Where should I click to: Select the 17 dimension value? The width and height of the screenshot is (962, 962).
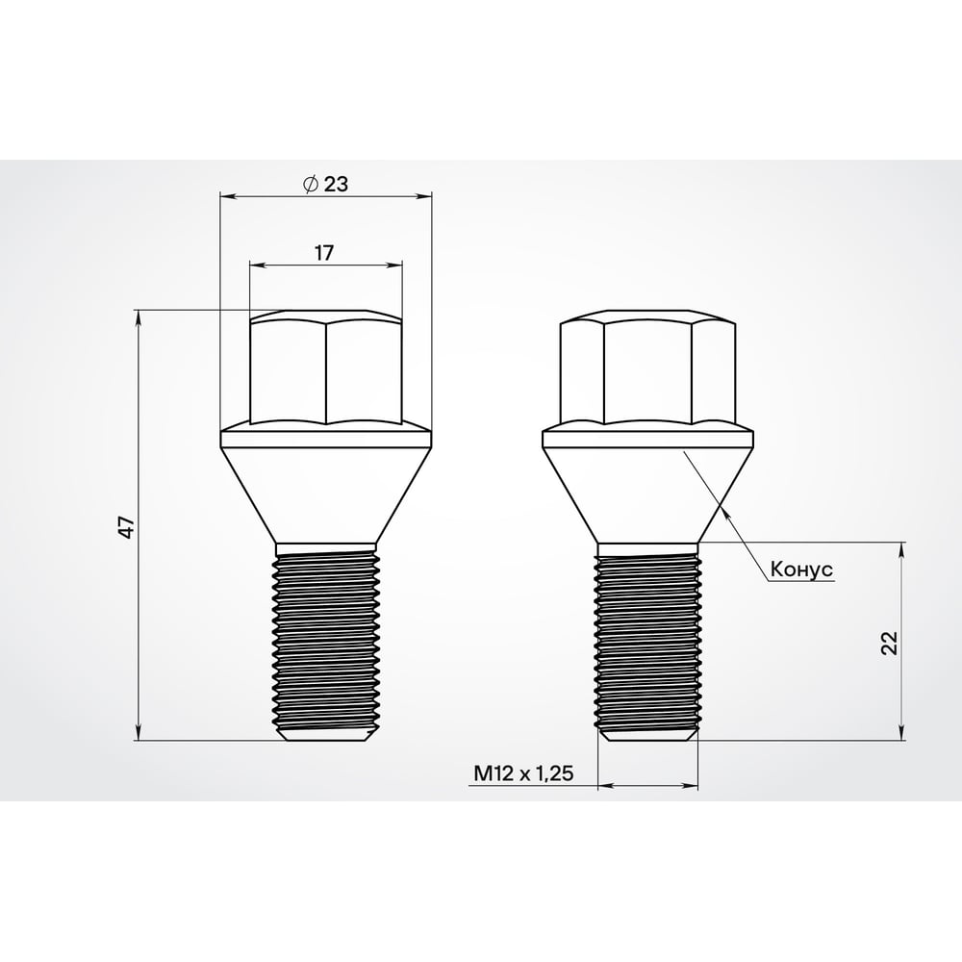pyautogui.click(x=324, y=253)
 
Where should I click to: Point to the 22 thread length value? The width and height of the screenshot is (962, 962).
pyautogui.click(x=889, y=643)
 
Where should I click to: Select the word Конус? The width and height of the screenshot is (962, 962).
pyautogui.click(x=800, y=570)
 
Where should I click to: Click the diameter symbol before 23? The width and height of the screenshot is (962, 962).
pyautogui.click(x=310, y=185)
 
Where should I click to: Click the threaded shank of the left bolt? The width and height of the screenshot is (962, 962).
pyautogui.click(x=325, y=640)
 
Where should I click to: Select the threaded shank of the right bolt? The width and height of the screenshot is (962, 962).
pyautogui.click(x=647, y=640)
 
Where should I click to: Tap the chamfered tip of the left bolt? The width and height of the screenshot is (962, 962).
pyautogui.click(x=325, y=736)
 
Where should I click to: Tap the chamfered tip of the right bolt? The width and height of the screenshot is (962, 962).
pyautogui.click(x=647, y=736)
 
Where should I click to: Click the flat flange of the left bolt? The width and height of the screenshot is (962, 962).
pyautogui.click(x=325, y=441)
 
